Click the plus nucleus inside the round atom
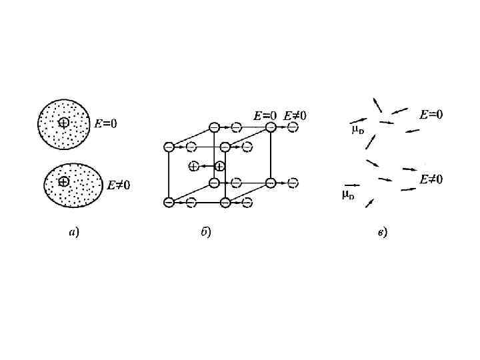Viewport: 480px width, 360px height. tap(63, 122)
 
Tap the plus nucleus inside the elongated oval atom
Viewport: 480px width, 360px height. tap(63, 181)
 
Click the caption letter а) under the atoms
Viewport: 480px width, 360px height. tap(74, 233)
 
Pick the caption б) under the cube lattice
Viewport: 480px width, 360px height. tap(206, 233)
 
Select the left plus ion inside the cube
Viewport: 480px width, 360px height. tap(193, 166)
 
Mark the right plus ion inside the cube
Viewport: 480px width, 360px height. tap(219, 166)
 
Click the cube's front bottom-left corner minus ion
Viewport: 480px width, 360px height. tap(169, 202)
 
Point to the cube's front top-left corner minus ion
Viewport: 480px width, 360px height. tap(169, 146)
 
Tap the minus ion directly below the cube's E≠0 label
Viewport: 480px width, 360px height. tap(293, 127)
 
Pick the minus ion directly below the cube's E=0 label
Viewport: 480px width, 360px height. tap(270, 127)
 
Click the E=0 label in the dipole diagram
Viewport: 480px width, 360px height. tap(431, 115)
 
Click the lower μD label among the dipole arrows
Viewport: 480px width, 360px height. tap(348, 195)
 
